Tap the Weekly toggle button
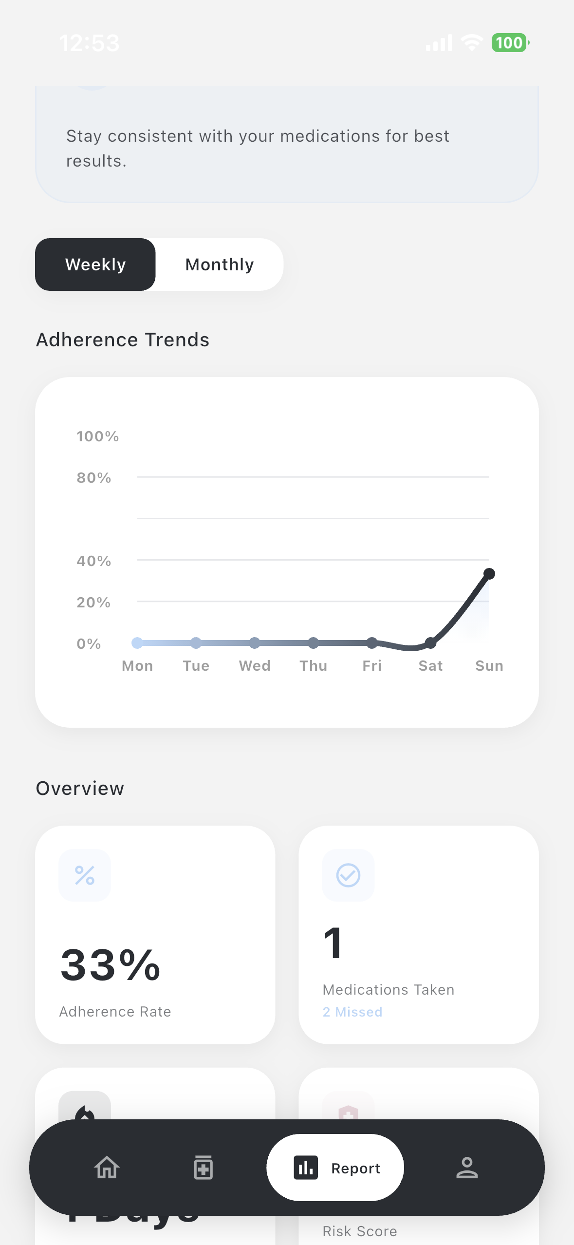95,264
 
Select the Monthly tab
220,264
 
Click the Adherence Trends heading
123,340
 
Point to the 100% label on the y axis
97,436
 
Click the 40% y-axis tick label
93,561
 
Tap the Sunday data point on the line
489,574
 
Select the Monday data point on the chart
137,643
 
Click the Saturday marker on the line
430,643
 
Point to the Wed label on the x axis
255,666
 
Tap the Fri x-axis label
372,666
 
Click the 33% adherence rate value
111,965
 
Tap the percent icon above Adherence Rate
85,875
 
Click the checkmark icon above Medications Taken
348,875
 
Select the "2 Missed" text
352,1012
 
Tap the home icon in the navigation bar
107,1168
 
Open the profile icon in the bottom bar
466,1168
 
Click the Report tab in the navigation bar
335,1168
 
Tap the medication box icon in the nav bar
203,1168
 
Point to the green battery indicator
509,43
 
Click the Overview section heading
80,789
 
